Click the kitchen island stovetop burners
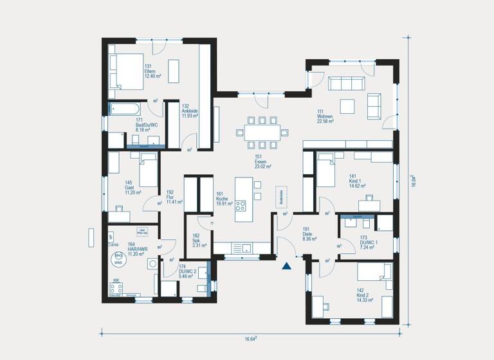(x=241, y=206)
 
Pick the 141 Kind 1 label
(x=357, y=181)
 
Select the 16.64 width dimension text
(x=250, y=339)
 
